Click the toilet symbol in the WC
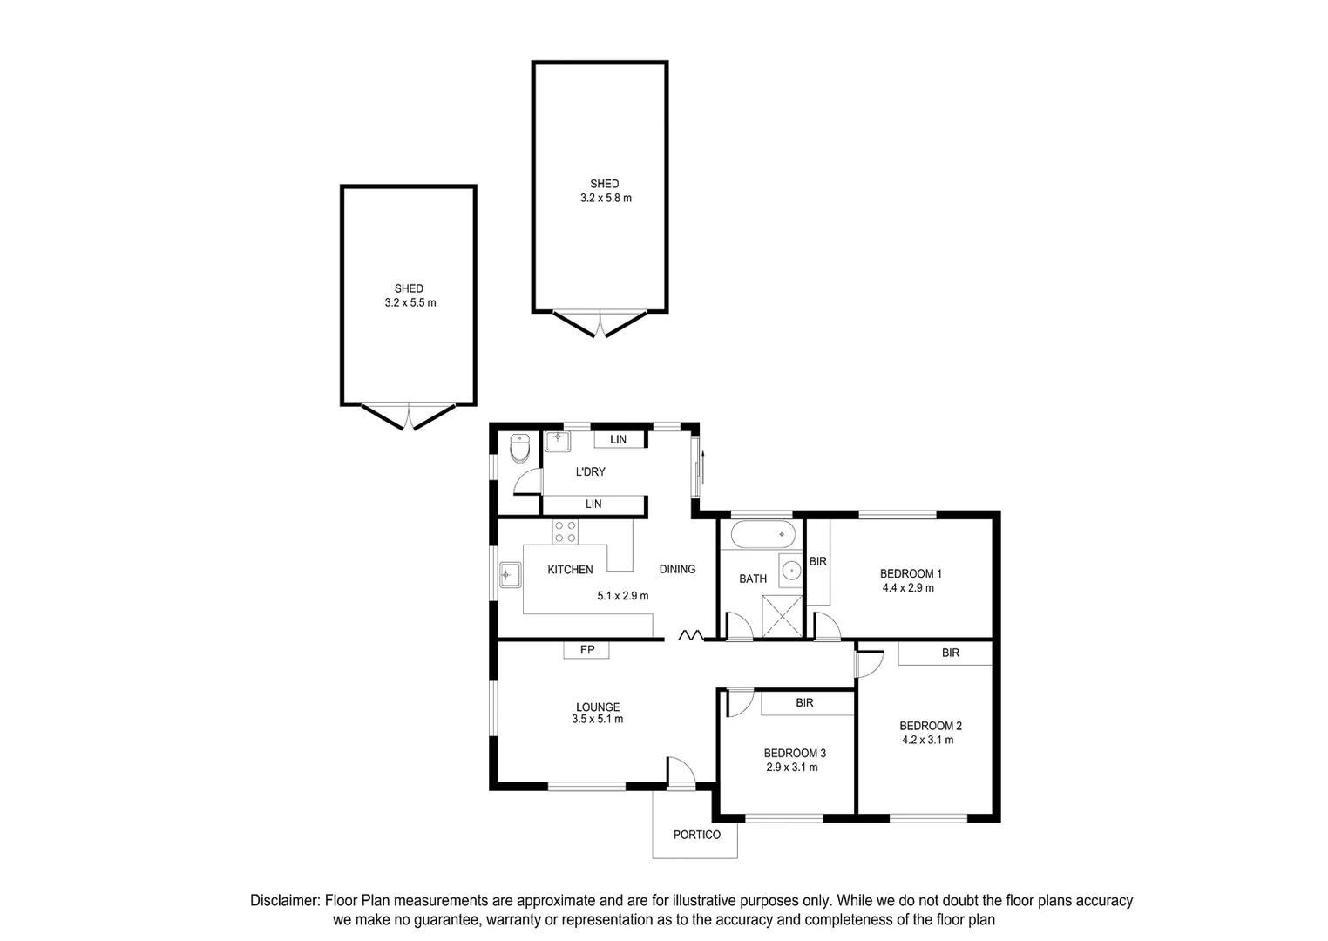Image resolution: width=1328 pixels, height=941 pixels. pos(519,450)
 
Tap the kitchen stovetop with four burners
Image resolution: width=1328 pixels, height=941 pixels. pos(565,531)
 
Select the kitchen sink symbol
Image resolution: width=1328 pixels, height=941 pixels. pos(509,575)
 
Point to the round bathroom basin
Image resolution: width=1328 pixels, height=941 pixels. pos(791,571)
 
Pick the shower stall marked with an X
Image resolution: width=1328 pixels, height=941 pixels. pos(783,616)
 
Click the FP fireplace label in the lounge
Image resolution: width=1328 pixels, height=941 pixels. pos(587,650)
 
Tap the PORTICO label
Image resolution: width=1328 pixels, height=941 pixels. pos(696,835)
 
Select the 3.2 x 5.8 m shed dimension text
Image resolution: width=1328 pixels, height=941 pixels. pos(606,199)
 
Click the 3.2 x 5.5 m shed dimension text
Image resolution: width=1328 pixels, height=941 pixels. pos(410,303)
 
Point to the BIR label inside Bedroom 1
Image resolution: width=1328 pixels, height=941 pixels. pos(817,562)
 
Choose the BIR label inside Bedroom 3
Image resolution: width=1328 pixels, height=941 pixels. pos(804,703)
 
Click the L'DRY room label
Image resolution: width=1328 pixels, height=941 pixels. pos(590,472)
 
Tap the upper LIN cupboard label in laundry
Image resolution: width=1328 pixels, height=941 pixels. pos(618,440)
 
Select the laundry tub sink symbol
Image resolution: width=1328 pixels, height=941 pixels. pos(557,441)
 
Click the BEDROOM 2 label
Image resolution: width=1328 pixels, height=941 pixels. pos(930,726)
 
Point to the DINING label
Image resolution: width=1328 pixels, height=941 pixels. pos(677,569)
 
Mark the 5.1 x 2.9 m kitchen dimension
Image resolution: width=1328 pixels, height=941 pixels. pos(622,597)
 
